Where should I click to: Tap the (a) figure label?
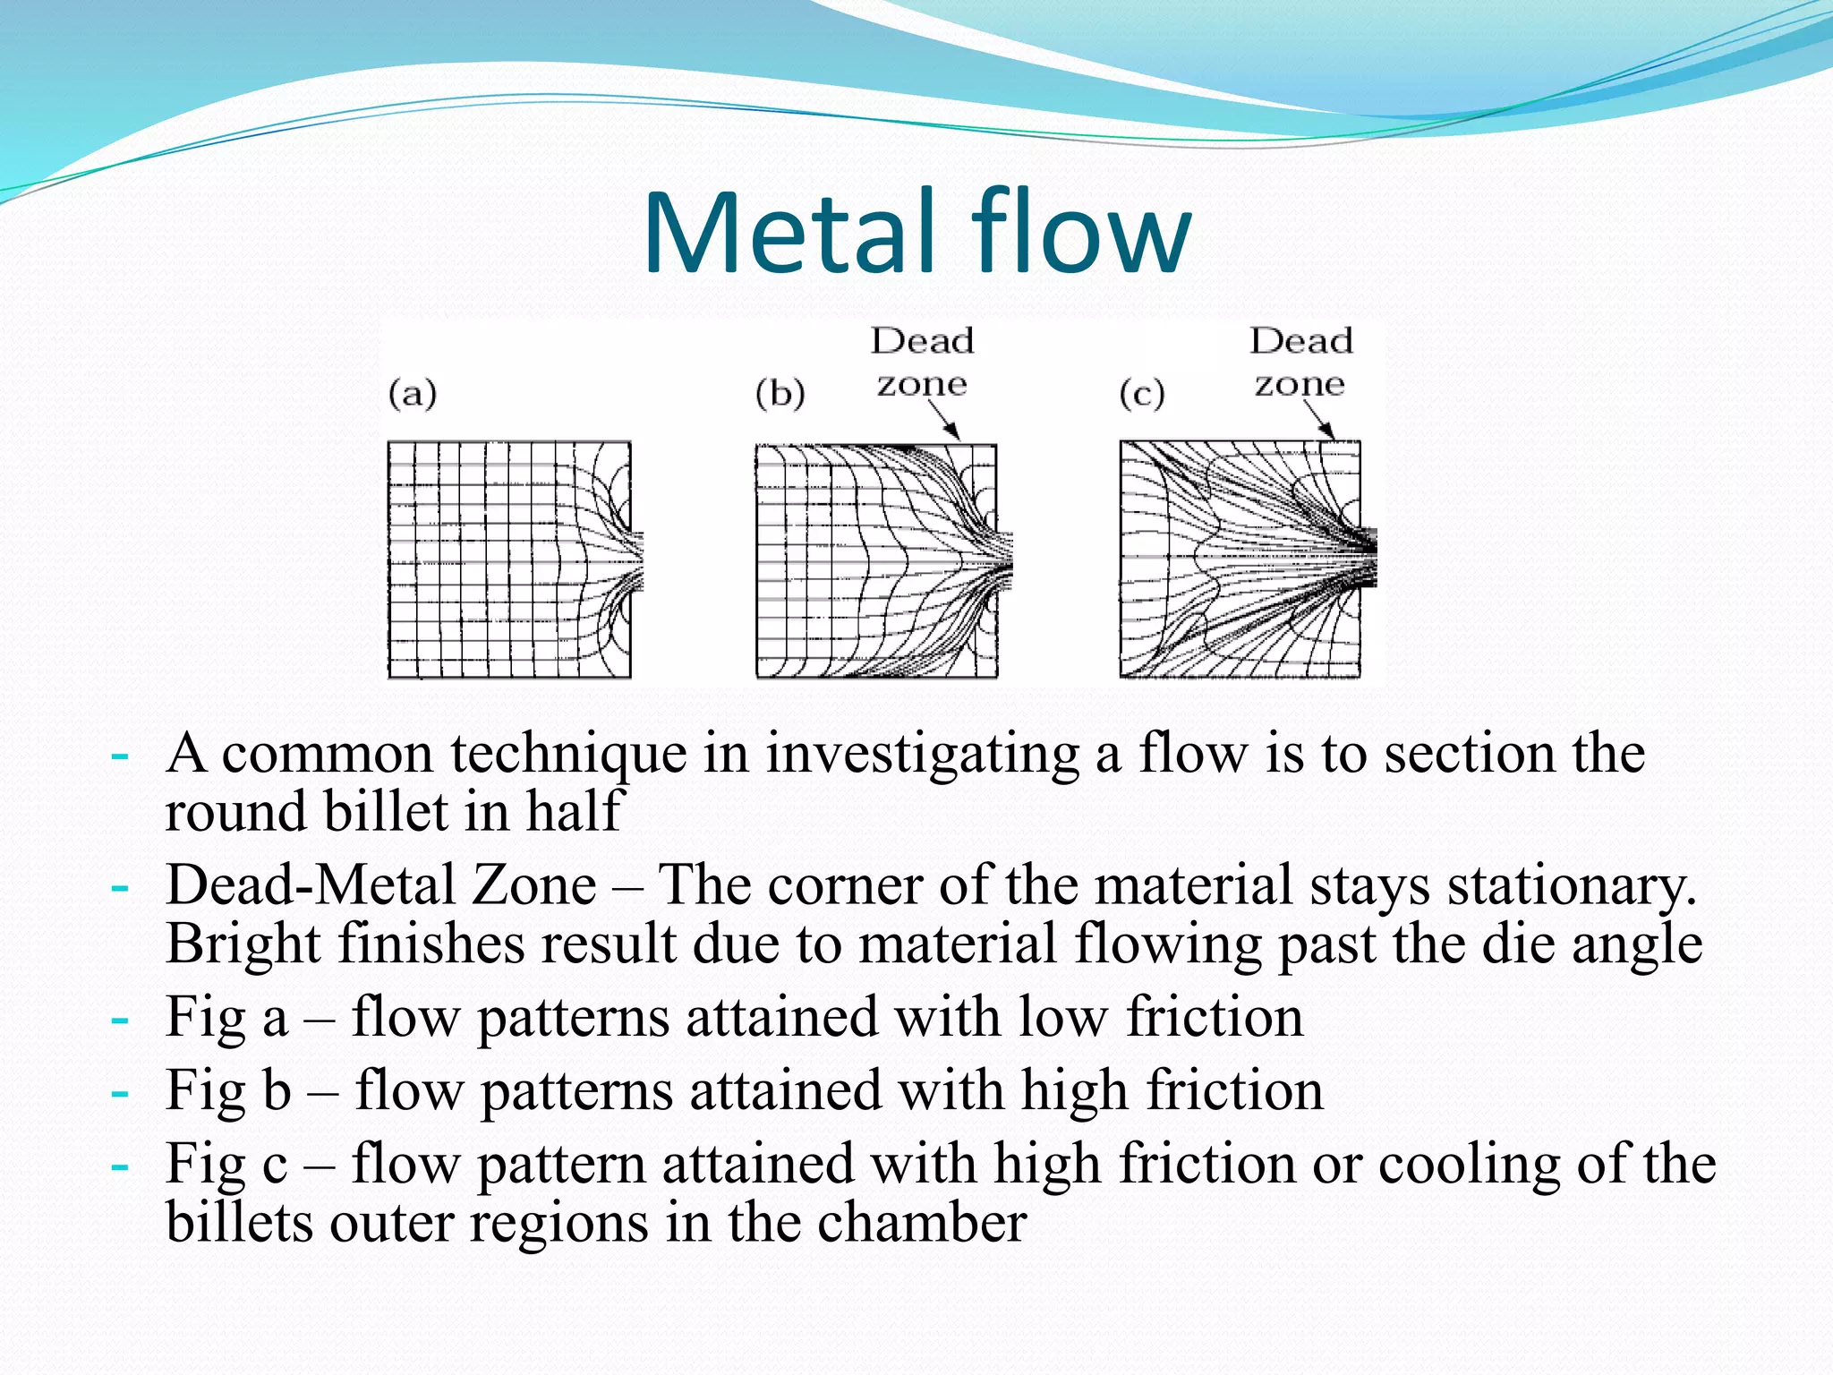413,394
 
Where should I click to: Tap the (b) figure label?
780,394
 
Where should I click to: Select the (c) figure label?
1142,394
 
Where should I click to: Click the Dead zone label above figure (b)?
923,363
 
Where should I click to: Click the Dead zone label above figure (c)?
1300,363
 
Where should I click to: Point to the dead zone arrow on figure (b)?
943,420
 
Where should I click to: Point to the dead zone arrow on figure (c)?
1319,420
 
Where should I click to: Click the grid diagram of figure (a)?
510,559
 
